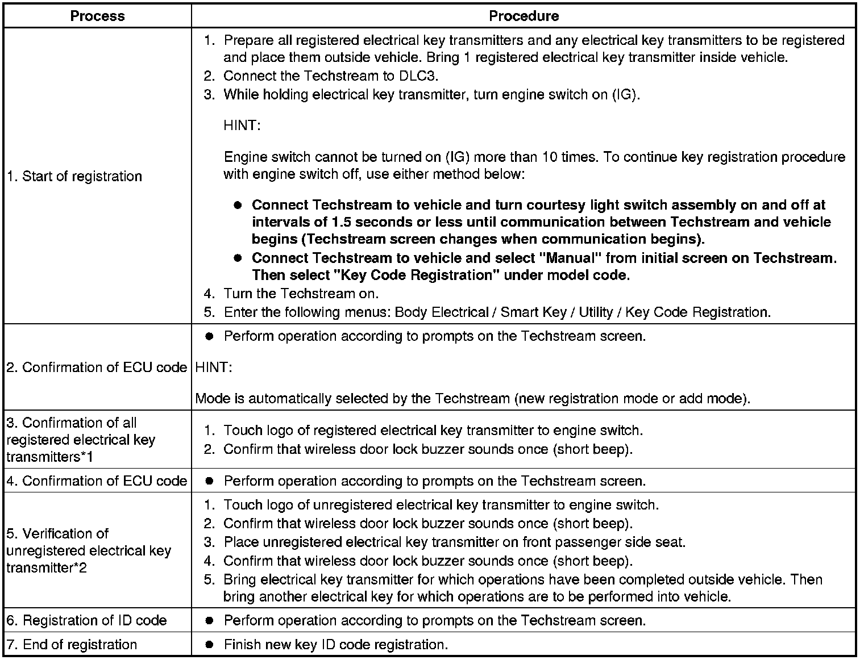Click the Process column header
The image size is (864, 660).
[x=97, y=16]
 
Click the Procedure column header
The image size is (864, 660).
[x=524, y=16]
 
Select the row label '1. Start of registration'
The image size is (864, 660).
[x=74, y=176]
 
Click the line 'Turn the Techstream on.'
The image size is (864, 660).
[x=301, y=294]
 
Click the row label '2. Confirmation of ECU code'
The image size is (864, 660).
[x=97, y=367]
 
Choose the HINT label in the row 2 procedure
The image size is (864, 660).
[x=213, y=367]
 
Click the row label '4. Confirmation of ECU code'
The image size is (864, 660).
[x=97, y=481]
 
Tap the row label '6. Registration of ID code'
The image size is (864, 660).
[x=86, y=620]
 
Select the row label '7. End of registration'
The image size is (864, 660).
[x=72, y=645]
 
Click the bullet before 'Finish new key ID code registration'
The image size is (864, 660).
[x=209, y=645]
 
